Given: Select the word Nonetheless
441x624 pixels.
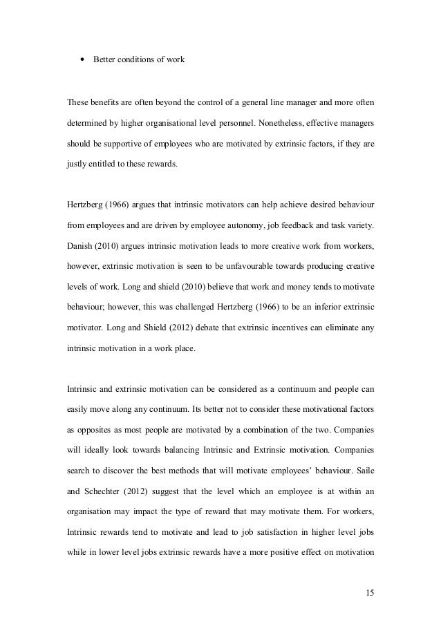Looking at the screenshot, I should (276, 126).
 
